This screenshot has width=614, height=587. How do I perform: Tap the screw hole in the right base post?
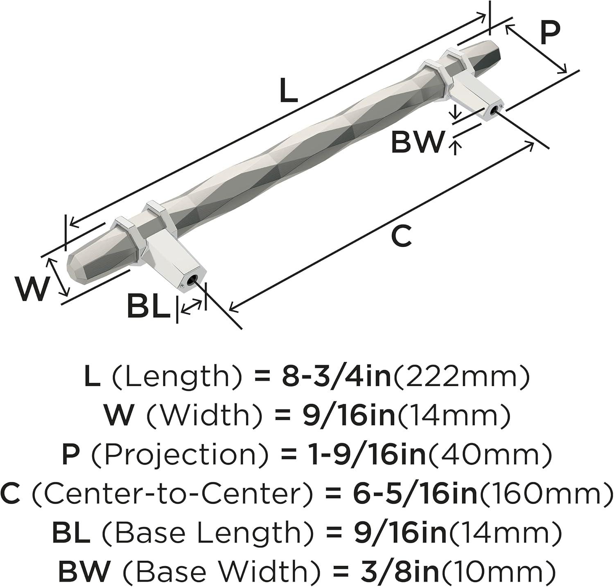click(496, 110)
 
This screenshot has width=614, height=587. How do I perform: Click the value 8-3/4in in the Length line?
click(336, 377)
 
